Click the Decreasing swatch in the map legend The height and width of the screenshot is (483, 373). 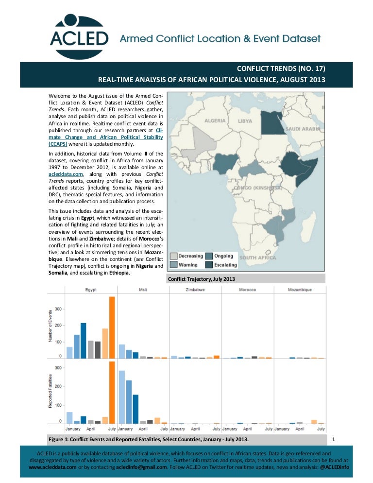(174, 256)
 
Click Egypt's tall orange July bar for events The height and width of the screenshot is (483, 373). (112, 327)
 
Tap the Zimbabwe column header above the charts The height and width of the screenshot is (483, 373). (195, 290)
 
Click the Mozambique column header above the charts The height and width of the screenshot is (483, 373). (299, 290)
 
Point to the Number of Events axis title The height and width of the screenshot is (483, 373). (50, 325)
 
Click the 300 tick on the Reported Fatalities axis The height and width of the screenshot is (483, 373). (58, 368)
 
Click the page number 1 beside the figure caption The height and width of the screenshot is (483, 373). (333, 440)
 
